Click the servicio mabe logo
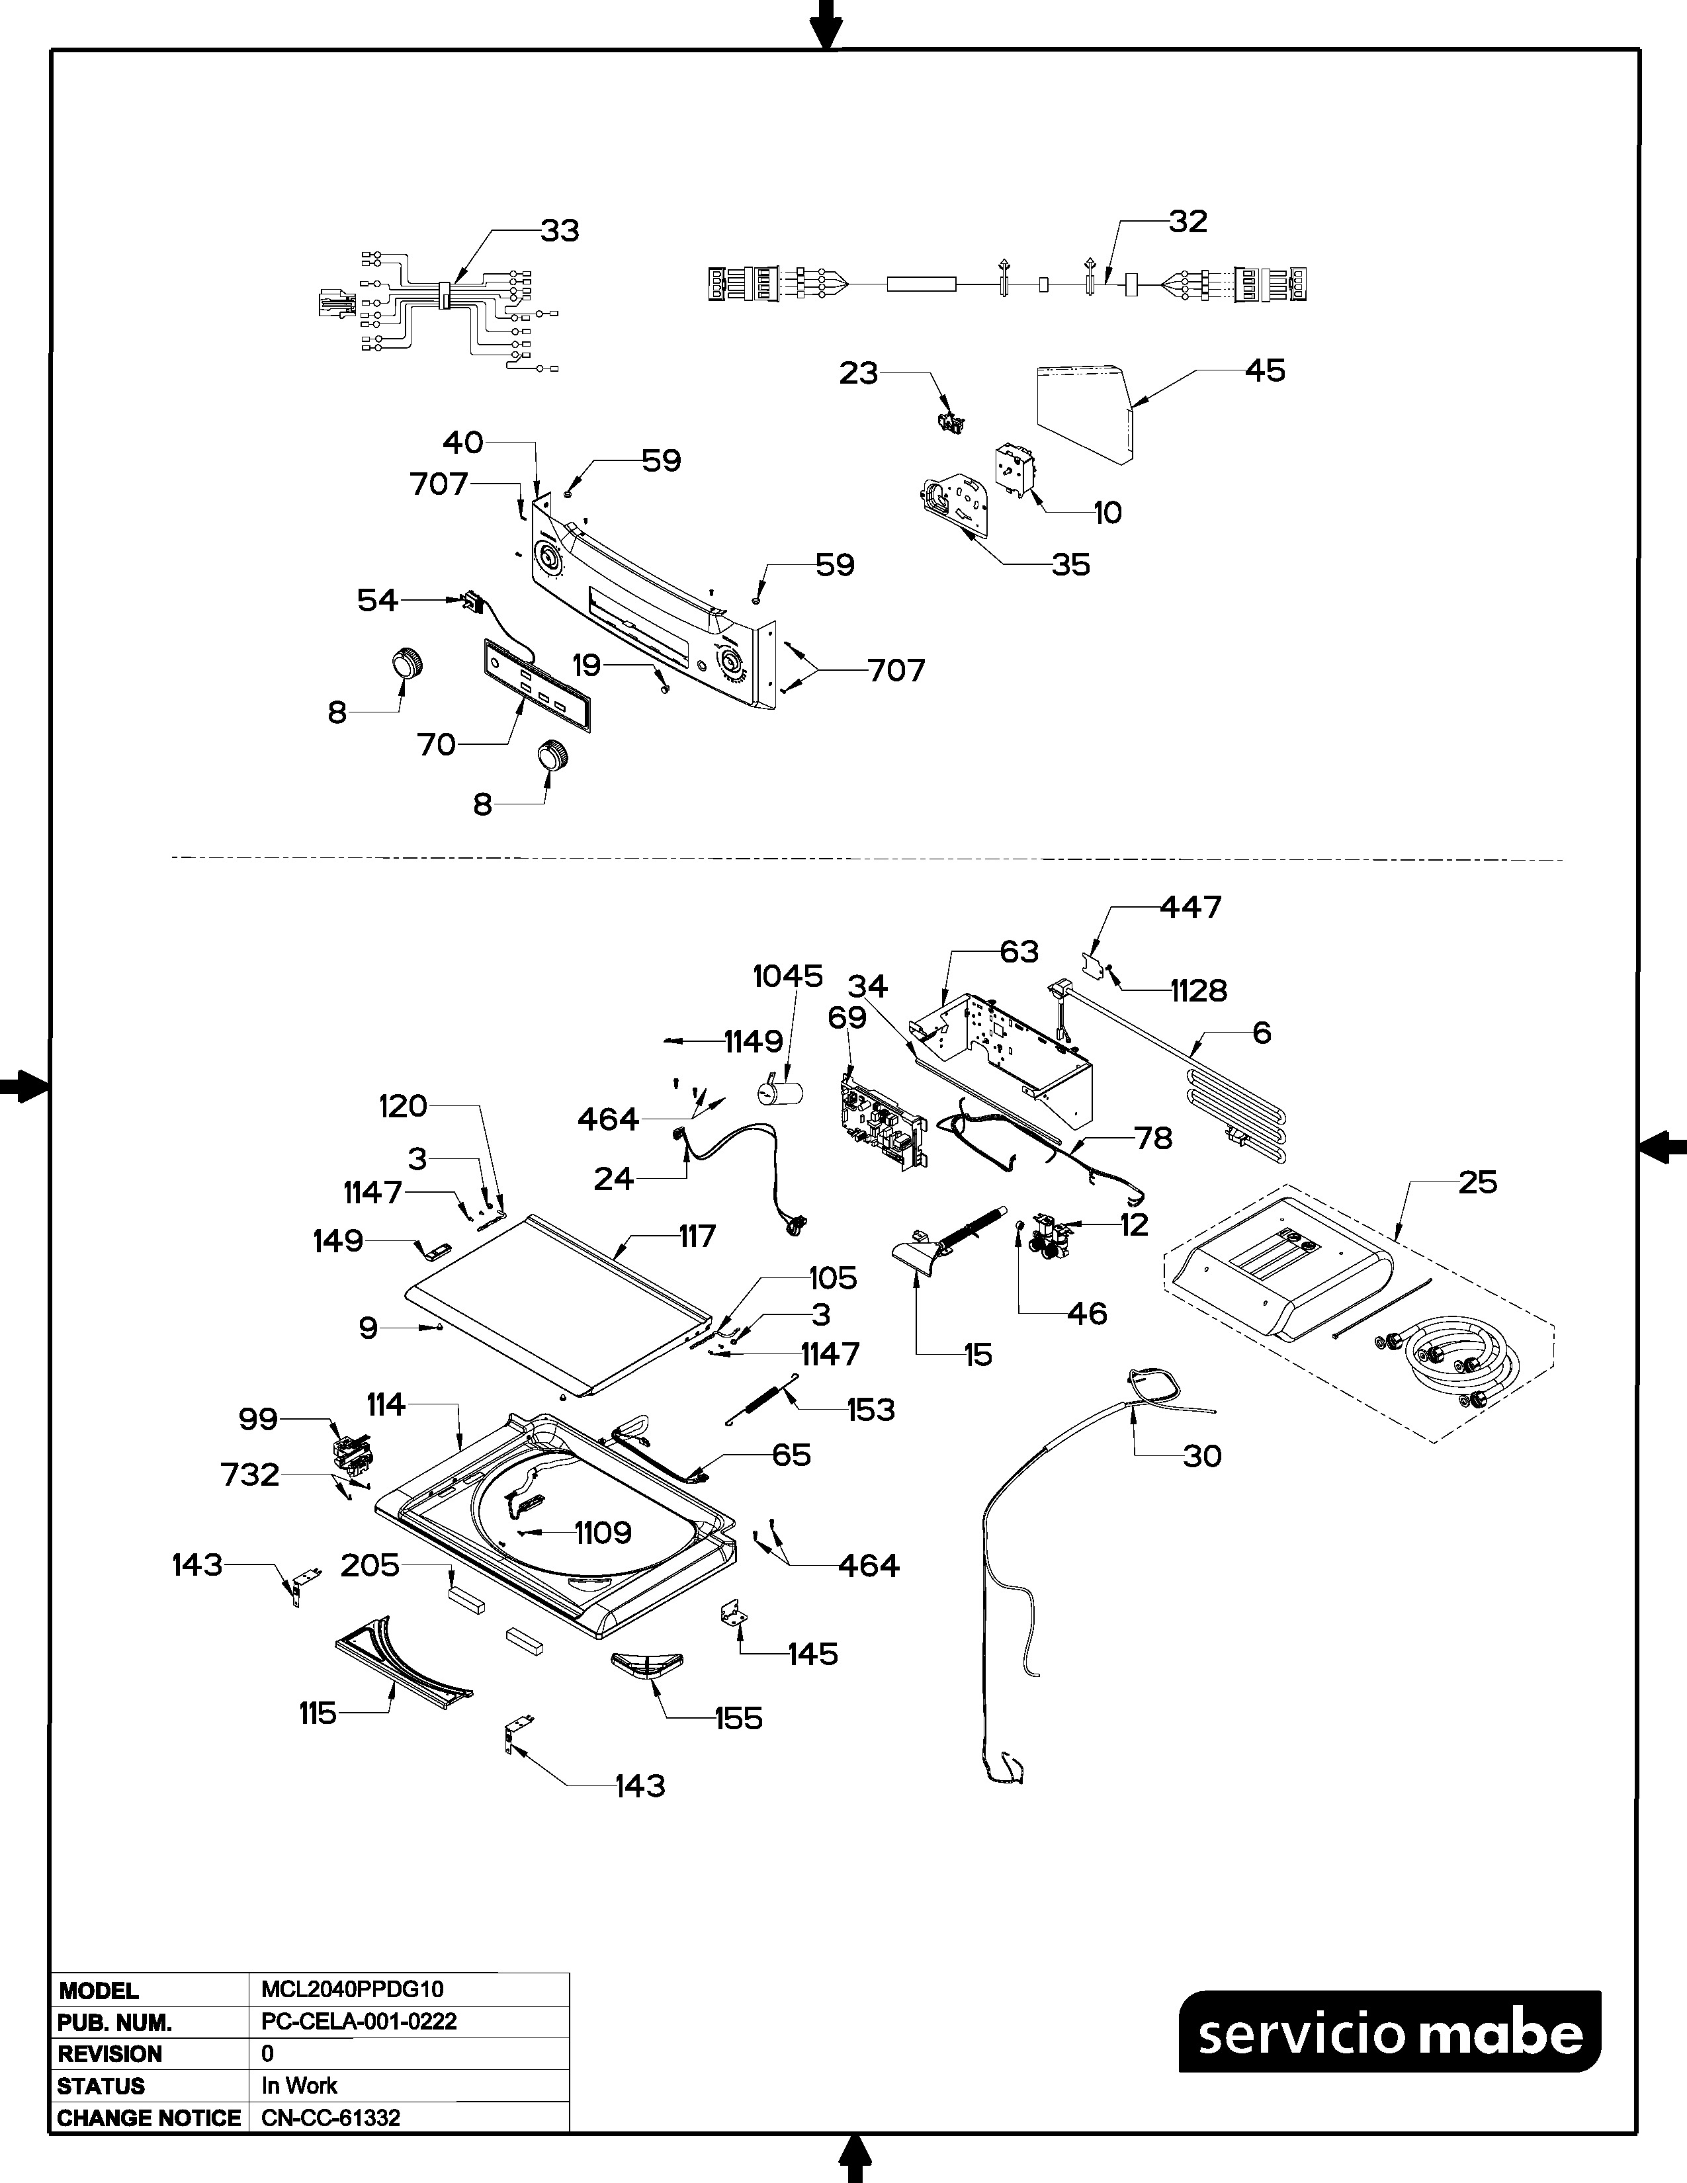pos(1389,2032)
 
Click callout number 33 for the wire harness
pos(560,231)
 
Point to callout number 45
pos(1264,371)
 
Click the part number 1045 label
pos(787,976)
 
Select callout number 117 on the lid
pos(697,1236)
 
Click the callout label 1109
pos(603,1532)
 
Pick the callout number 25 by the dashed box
pos(1477,1183)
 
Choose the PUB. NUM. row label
pos(115,2022)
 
